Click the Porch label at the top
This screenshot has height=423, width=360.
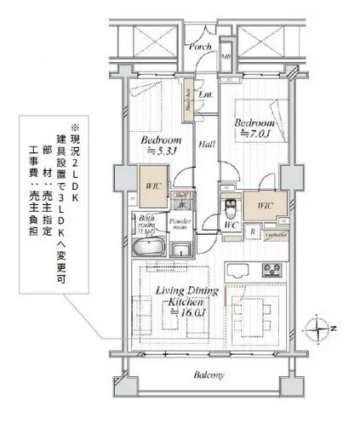coord(200,47)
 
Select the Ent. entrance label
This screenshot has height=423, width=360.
coord(204,94)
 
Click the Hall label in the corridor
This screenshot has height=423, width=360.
coord(206,145)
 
